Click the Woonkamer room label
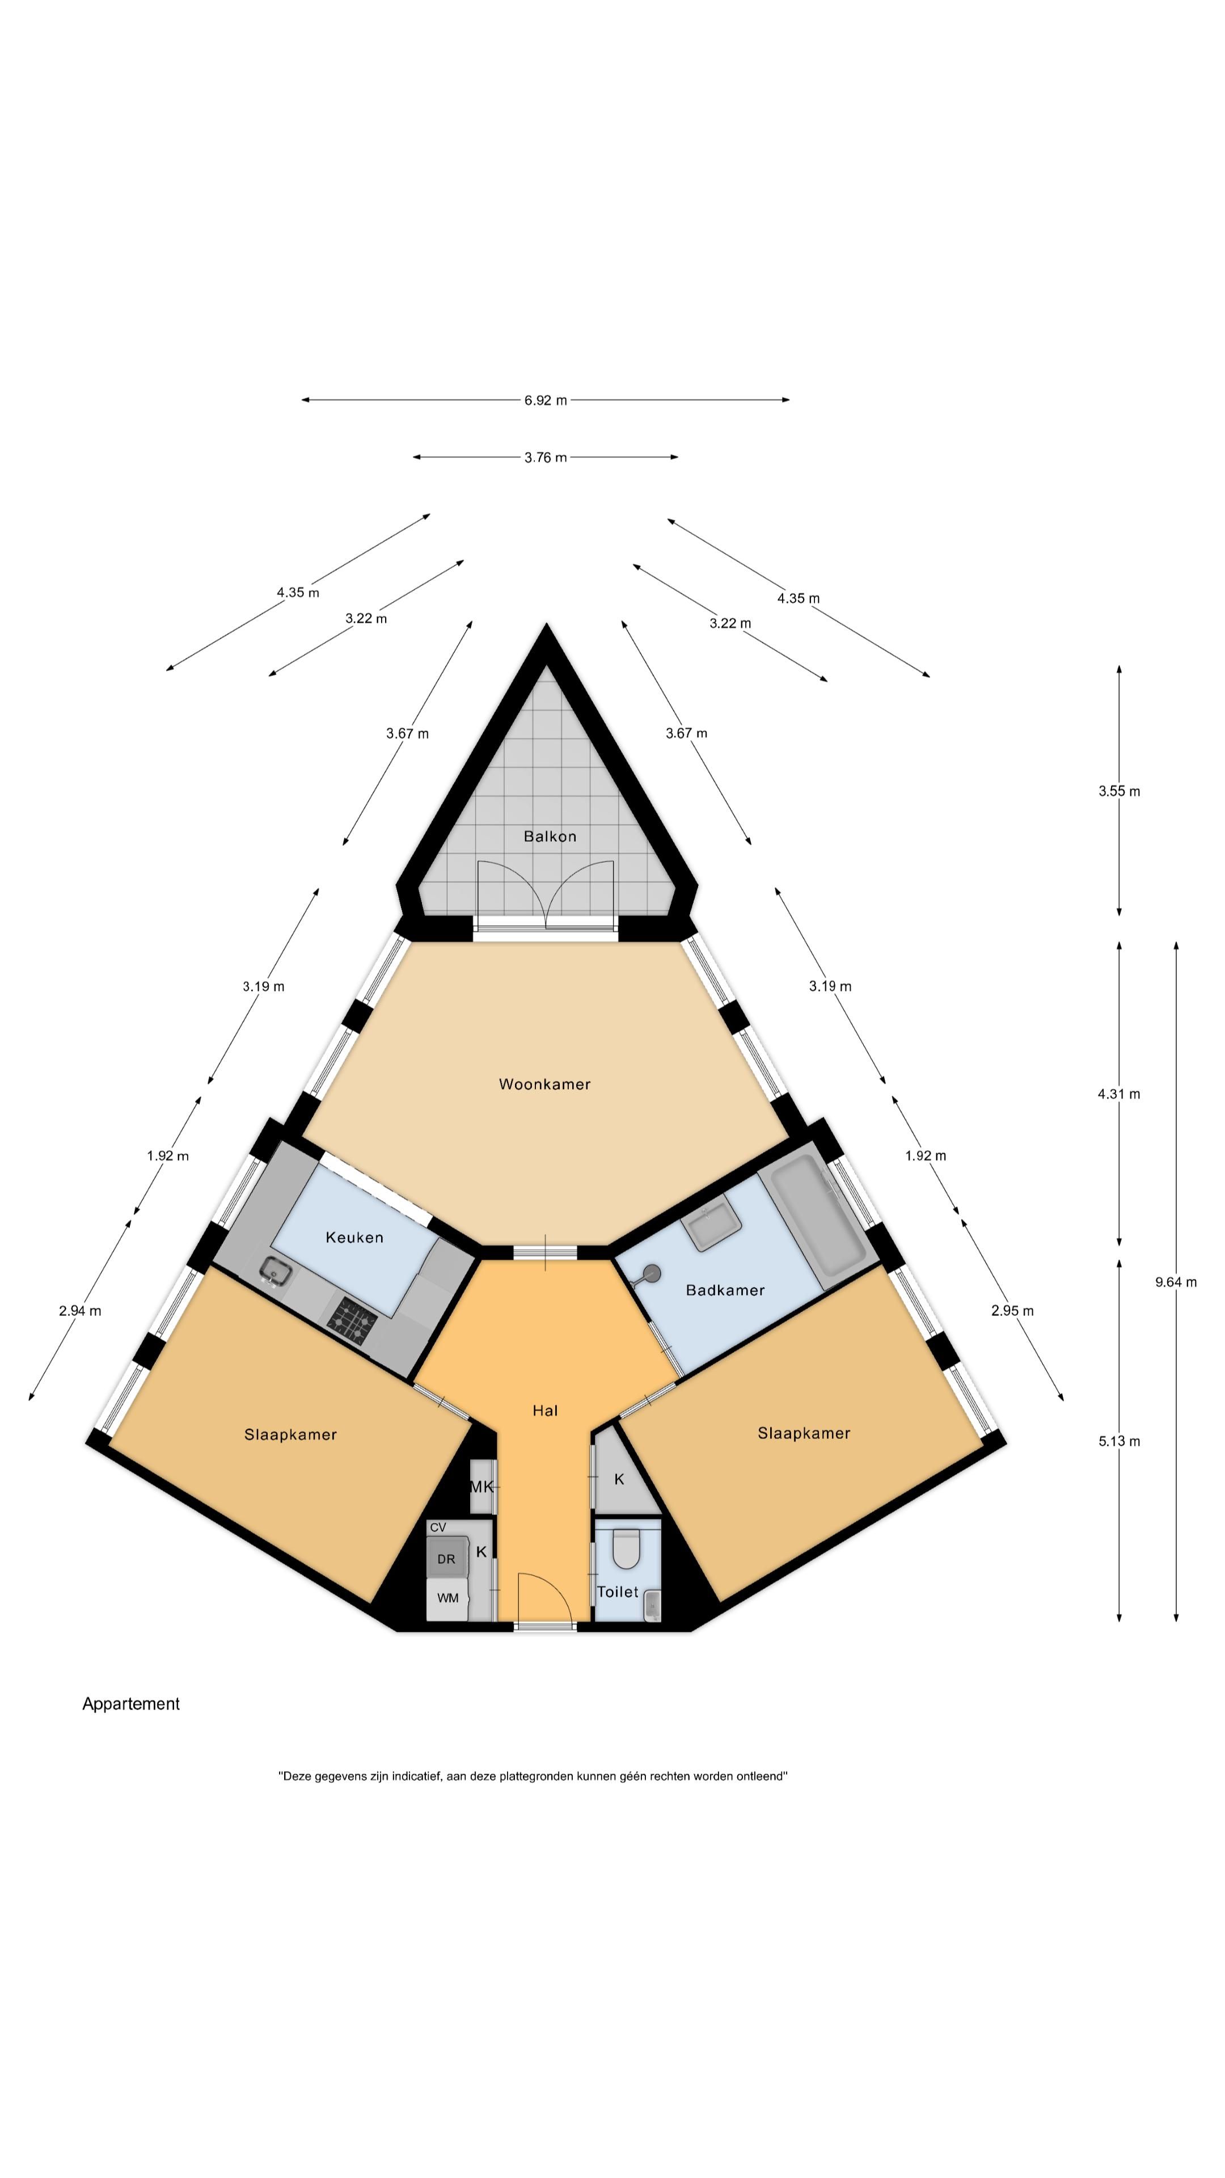point(544,1084)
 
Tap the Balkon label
point(550,836)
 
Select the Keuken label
point(354,1237)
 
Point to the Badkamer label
point(725,1289)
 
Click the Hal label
point(545,1410)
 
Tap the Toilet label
point(618,1591)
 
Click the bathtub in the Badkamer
point(813,1218)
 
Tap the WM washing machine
point(447,1598)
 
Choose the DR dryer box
point(446,1558)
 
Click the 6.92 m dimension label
point(545,400)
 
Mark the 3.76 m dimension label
point(545,457)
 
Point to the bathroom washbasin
point(711,1227)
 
